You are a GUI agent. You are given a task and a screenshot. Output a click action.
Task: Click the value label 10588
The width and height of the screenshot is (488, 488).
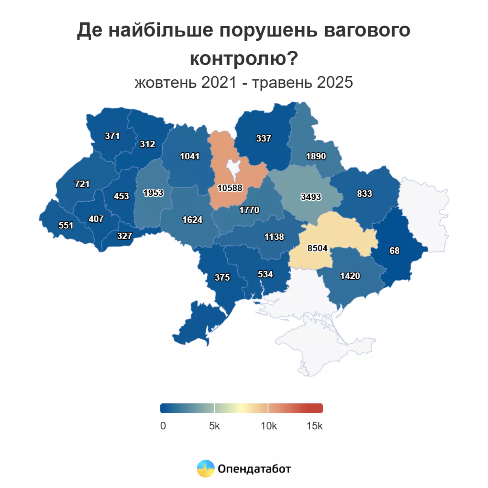pyautogui.click(x=230, y=188)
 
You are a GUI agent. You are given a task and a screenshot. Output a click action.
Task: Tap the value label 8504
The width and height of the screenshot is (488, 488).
pyautogui.click(x=317, y=248)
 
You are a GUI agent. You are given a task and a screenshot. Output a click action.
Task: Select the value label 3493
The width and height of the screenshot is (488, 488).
pyautogui.click(x=311, y=197)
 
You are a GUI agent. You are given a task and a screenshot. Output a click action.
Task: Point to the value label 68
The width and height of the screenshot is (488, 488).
pyautogui.click(x=394, y=251)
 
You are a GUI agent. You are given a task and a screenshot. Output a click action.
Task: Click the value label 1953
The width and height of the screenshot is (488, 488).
pyautogui.click(x=153, y=193)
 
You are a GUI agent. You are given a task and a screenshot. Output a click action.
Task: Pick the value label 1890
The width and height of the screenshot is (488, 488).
pyautogui.click(x=316, y=156)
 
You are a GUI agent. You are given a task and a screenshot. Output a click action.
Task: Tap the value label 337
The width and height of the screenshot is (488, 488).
pyautogui.click(x=264, y=138)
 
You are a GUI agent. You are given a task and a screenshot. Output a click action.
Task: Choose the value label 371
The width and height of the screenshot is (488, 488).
pyautogui.click(x=112, y=136)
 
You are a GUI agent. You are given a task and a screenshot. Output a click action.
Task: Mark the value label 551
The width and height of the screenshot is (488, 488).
pyautogui.click(x=66, y=225)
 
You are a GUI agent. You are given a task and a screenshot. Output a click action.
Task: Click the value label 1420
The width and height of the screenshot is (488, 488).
pyautogui.click(x=350, y=276)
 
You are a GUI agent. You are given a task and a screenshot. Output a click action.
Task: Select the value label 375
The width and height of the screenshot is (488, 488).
pyautogui.click(x=222, y=277)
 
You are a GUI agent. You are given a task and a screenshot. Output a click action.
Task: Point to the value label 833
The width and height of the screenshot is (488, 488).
pyautogui.click(x=364, y=194)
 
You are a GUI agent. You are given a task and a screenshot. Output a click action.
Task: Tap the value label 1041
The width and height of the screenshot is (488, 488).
pyautogui.click(x=190, y=156)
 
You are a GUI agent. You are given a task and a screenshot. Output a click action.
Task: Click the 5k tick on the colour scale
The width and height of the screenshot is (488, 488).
pyautogui.click(x=214, y=426)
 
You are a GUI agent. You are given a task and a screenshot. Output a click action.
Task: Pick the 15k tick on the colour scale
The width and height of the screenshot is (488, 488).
pyautogui.click(x=314, y=426)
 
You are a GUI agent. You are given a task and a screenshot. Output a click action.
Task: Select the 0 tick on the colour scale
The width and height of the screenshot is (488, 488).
pyautogui.click(x=163, y=426)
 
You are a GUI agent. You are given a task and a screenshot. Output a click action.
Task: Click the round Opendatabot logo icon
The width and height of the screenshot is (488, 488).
pyautogui.click(x=206, y=468)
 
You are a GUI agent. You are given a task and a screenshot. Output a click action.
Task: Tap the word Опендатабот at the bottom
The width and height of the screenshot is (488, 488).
pyautogui.click(x=254, y=469)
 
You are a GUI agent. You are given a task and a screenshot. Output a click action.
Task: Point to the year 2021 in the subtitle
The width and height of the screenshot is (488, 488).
pyautogui.click(x=219, y=82)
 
